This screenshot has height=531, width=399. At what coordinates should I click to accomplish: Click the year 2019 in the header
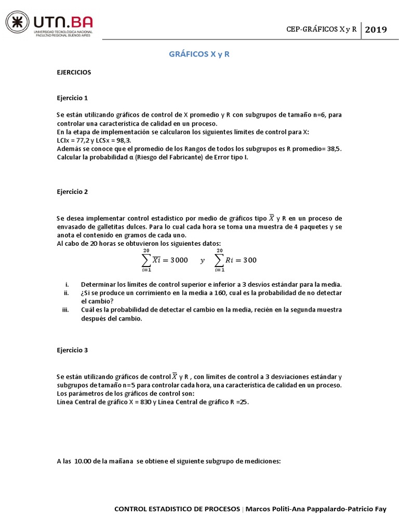point(376,30)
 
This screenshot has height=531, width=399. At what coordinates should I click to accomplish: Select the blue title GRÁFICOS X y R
point(199,54)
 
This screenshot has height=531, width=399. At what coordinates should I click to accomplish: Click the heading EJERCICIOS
point(74,72)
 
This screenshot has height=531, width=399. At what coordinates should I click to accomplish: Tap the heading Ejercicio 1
point(72,97)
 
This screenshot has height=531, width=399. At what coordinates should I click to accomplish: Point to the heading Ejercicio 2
point(72,191)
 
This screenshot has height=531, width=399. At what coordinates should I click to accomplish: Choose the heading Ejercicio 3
point(72,350)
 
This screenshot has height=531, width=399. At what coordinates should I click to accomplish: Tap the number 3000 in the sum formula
point(178,260)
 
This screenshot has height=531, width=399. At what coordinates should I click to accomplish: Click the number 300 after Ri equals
point(249,260)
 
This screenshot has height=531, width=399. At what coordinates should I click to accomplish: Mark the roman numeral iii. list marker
point(65,310)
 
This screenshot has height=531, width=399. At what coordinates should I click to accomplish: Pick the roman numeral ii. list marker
point(66,293)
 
